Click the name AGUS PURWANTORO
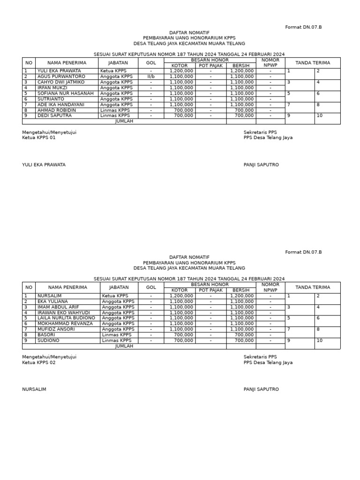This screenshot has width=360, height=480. click(x=61, y=76)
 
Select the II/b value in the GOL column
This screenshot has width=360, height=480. click(x=150, y=76)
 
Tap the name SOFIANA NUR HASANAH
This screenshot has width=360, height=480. click(x=65, y=93)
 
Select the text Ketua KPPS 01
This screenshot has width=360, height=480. click(x=39, y=138)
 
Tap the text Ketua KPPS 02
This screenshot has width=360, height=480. click(x=39, y=362)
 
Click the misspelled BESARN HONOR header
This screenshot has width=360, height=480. click(x=210, y=60)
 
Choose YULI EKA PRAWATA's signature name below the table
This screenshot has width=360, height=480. click(x=44, y=165)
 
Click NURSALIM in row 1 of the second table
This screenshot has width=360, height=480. click(x=48, y=296)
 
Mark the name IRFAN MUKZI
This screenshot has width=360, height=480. click(x=52, y=88)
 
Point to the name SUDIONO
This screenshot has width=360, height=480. click(x=48, y=340)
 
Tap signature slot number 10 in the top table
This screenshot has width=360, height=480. click(x=320, y=115)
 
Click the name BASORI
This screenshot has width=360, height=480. click(x=46, y=335)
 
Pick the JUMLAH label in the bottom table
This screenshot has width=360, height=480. click(x=124, y=346)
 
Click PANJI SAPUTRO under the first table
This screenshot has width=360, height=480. click(x=261, y=165)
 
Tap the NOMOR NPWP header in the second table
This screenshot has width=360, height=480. click(x=270, y=287)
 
